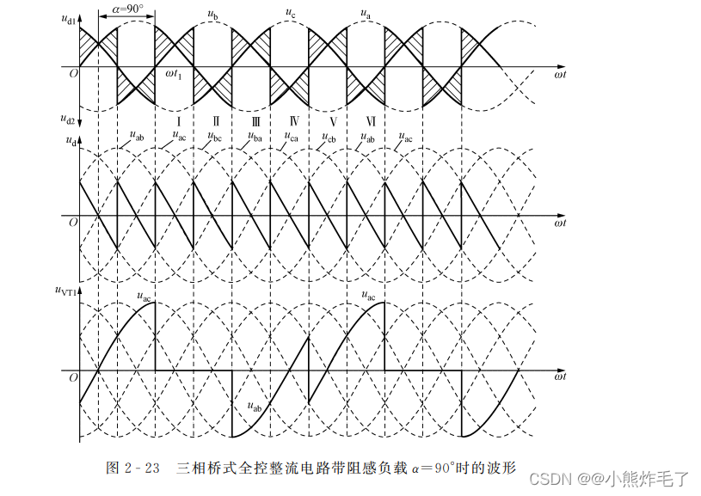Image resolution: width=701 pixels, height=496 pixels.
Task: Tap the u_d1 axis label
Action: point(69,14)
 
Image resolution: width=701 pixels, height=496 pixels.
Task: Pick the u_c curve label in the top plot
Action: point(291,13)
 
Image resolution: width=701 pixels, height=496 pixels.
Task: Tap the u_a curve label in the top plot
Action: point(366,13)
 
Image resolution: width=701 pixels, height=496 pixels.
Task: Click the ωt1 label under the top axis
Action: point(173,73)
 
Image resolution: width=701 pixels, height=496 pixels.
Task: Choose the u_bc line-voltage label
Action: point(215,137)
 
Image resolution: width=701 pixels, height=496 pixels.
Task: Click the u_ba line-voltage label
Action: point(255,137)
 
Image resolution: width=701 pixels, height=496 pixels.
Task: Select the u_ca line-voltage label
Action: point(291,137)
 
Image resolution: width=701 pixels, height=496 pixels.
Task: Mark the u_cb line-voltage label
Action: point(329,137)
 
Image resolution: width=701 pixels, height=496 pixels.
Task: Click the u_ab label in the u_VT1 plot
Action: point(254,407)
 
